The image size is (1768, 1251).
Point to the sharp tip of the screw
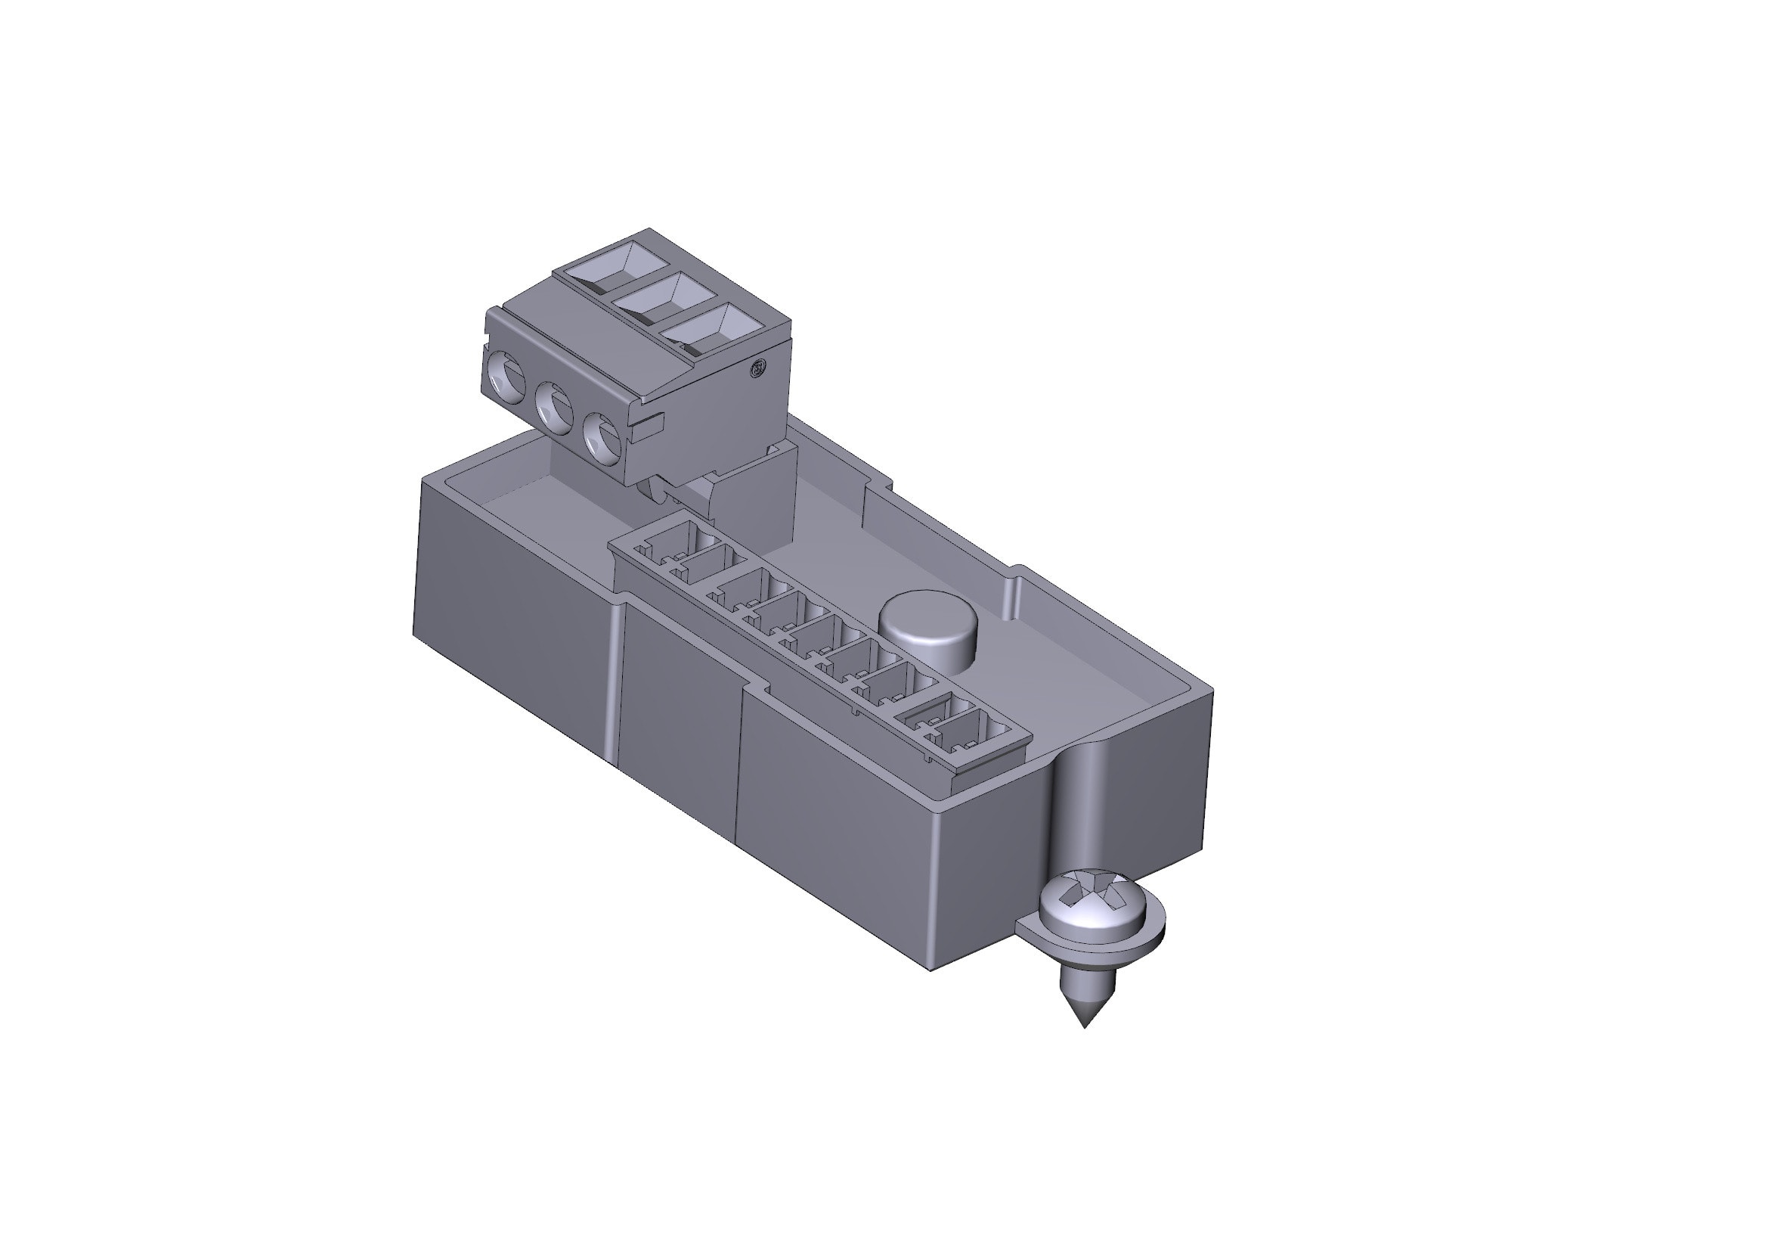point(1085,1026)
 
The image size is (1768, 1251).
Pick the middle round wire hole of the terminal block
point(553,405)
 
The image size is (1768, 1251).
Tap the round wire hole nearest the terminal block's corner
point(602,437)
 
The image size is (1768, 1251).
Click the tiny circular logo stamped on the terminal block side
point(758,368)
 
